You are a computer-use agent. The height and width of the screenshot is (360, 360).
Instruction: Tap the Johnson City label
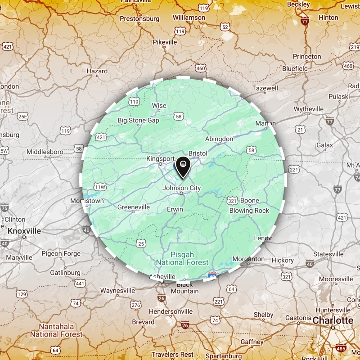(x=182, y=188)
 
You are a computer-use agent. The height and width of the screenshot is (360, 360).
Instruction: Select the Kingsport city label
(x=160, y=159)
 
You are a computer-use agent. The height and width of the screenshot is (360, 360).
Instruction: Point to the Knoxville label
(x=24, y=231)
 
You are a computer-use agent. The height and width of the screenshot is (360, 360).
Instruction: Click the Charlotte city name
(x=333, y=320)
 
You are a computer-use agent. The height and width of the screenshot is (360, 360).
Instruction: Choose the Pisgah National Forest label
(x=182, y=258)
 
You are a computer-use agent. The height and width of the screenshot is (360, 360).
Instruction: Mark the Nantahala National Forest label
(x=56, y=330)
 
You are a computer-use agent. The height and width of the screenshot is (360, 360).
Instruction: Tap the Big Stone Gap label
(x=139, y=121)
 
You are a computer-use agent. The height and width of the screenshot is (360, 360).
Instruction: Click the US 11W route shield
(x=99, y=187)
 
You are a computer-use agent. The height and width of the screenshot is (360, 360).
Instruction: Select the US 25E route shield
(x=22, y=117)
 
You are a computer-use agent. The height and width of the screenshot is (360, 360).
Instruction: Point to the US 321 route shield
(x=232, y=200)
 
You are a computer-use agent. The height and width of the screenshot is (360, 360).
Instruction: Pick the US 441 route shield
(x=80, y=283)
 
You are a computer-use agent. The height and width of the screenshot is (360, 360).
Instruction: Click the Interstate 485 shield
(x=341, y=348)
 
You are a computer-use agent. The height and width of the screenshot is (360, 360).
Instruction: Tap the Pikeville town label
(x=165, y=42)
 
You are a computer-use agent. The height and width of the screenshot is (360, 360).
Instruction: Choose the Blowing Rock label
(x=249, y=211)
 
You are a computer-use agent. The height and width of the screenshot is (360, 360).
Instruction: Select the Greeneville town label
(x=133, y=207)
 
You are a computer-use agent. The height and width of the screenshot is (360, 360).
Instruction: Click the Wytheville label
(x=309, y=109)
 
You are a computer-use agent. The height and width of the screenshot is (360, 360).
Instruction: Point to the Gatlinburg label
(x=65, y=273)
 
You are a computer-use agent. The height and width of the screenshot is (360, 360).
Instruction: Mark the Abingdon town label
(x=219, y=139)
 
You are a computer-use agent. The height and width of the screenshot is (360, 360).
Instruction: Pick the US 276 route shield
(x=135, y=305)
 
